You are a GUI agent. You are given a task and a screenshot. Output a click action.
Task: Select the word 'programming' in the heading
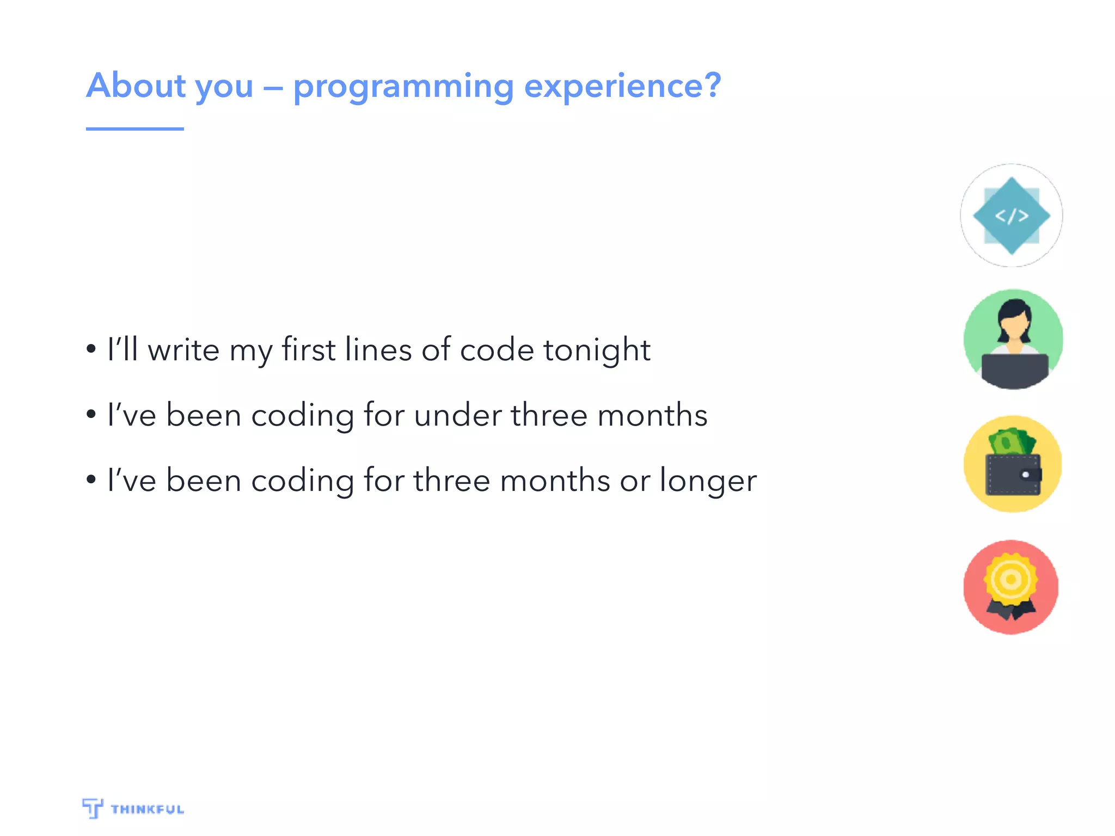(403, 87)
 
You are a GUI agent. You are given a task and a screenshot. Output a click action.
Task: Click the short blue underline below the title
(134, 129)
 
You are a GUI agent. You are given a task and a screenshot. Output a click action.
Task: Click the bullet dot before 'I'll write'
(91, 349)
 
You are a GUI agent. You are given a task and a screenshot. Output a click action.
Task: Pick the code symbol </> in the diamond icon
(1012, 216)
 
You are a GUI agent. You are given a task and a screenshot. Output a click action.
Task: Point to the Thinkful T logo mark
(93, 808)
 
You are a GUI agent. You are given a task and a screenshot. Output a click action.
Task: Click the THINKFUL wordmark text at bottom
(147, 809)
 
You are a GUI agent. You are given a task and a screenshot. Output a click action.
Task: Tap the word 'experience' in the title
(615, 87)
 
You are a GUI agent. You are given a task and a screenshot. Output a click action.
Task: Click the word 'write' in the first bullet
(183, 350)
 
